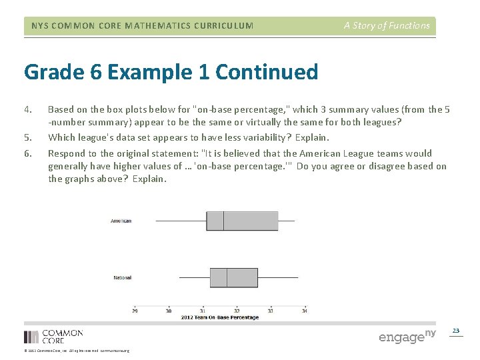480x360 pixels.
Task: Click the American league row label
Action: coord(121,221)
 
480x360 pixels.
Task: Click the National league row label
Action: coord(122,277)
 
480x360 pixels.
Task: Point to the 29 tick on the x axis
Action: coord(135,310)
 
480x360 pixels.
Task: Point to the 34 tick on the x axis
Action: coord(304,310)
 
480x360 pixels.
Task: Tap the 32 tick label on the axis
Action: coord(237,310)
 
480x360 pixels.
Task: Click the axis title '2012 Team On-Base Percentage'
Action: coord(219,317)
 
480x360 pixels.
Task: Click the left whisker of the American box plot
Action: coord(181,221)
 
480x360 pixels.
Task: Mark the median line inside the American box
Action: coord(223,221)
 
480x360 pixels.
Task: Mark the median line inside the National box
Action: coord(227,277)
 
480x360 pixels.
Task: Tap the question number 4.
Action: coord(27,109)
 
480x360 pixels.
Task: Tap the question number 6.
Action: coord(27,153)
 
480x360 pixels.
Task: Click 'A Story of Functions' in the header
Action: coord(387,26)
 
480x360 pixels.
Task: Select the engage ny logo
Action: coord(407,336)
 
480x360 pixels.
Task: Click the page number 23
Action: coord(456,331)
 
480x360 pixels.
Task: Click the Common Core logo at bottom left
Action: coord(53,336)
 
